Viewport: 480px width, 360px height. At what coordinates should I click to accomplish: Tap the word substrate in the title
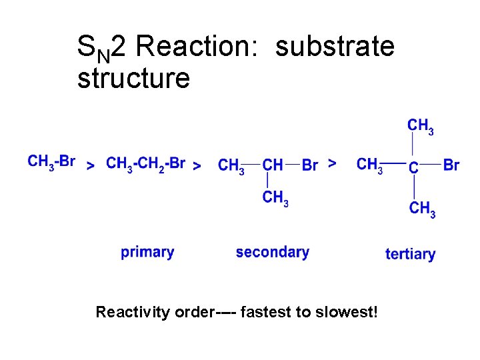pyautogui.click(x=335, y=47)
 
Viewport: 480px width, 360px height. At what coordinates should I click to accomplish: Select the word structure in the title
pyautogui.click(x=133, y=78)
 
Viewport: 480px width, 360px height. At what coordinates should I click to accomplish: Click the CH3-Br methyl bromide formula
pyautogui.click(x=51, y=161)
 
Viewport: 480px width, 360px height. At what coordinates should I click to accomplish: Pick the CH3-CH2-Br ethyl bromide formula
pyautogui.click(x=146, y=163)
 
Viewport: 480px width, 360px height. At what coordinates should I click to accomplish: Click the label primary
pyautogui.click(x=147, y=252)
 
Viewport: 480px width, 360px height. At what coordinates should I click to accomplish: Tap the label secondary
pyautogui.click(x=272, y=252)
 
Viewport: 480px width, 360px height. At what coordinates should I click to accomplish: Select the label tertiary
pyautogui.click(x=410, y=254)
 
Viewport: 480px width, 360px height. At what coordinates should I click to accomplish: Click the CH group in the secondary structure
pyautogui.click(x=273, y=165)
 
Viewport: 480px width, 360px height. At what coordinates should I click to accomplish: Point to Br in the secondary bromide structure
pyautogui.click(x=310, y=165)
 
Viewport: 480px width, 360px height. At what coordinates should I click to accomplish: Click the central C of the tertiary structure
pyautogui.click(x=413, y=167)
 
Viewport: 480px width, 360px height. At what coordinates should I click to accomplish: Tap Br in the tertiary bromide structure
pyautogui.click(x=451, y=164)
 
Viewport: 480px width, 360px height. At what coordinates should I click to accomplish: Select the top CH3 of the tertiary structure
pyautogui.click(x=421, y=126)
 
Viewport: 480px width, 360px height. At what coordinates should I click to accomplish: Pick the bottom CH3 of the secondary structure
pyautogui.click(x=275, y=197)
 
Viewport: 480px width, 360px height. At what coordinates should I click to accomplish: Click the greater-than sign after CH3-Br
pyautogui.click(x=91, y=166)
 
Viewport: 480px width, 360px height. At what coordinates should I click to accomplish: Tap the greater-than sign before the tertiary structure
pyautogui.click(x=333, y=162)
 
